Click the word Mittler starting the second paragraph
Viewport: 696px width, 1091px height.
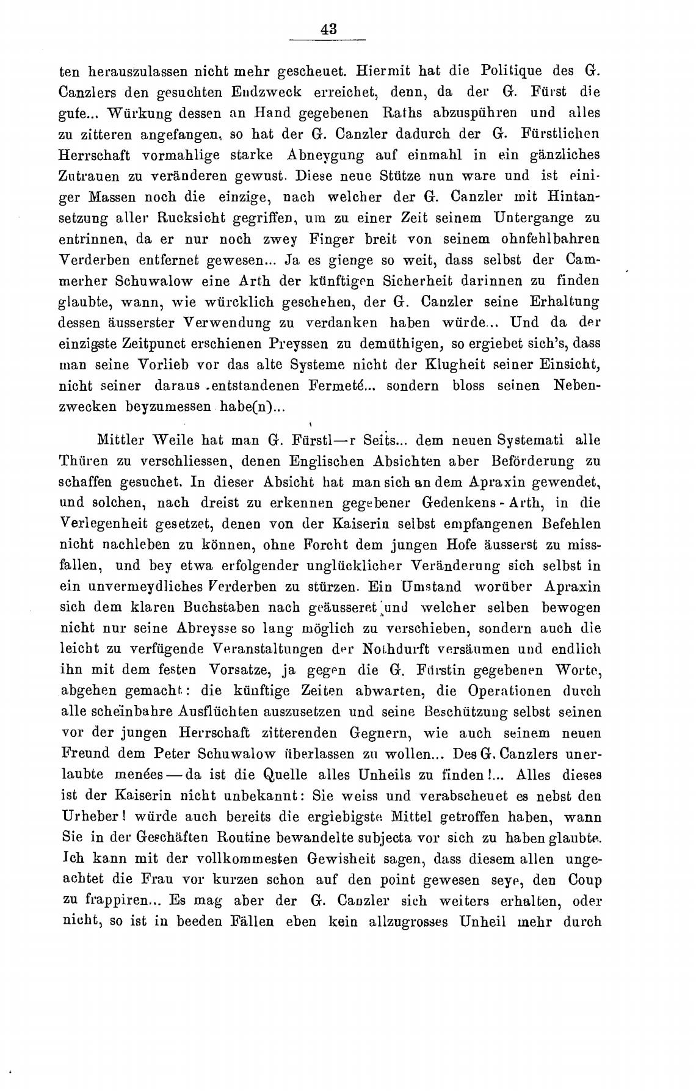click(x=125, y=440)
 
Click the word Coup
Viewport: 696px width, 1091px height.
click(x=584, y=881)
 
